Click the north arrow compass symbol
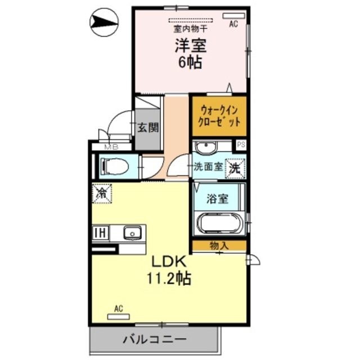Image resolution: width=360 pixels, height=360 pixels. point(104,24)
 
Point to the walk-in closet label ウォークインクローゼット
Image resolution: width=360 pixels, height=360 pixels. point(219,116)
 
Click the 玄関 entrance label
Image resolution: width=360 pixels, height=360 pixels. point(148,127)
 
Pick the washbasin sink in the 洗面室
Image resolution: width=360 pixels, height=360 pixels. point(206,147)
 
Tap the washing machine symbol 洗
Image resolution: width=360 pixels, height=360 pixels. point(235,167)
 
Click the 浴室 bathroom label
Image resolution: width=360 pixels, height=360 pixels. point(217,198)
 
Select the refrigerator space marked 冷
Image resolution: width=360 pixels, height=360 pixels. point(102,194)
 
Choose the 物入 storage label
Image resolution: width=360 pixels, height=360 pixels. point(219,245)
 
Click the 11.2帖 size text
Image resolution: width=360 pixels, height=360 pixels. point(168,277)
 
